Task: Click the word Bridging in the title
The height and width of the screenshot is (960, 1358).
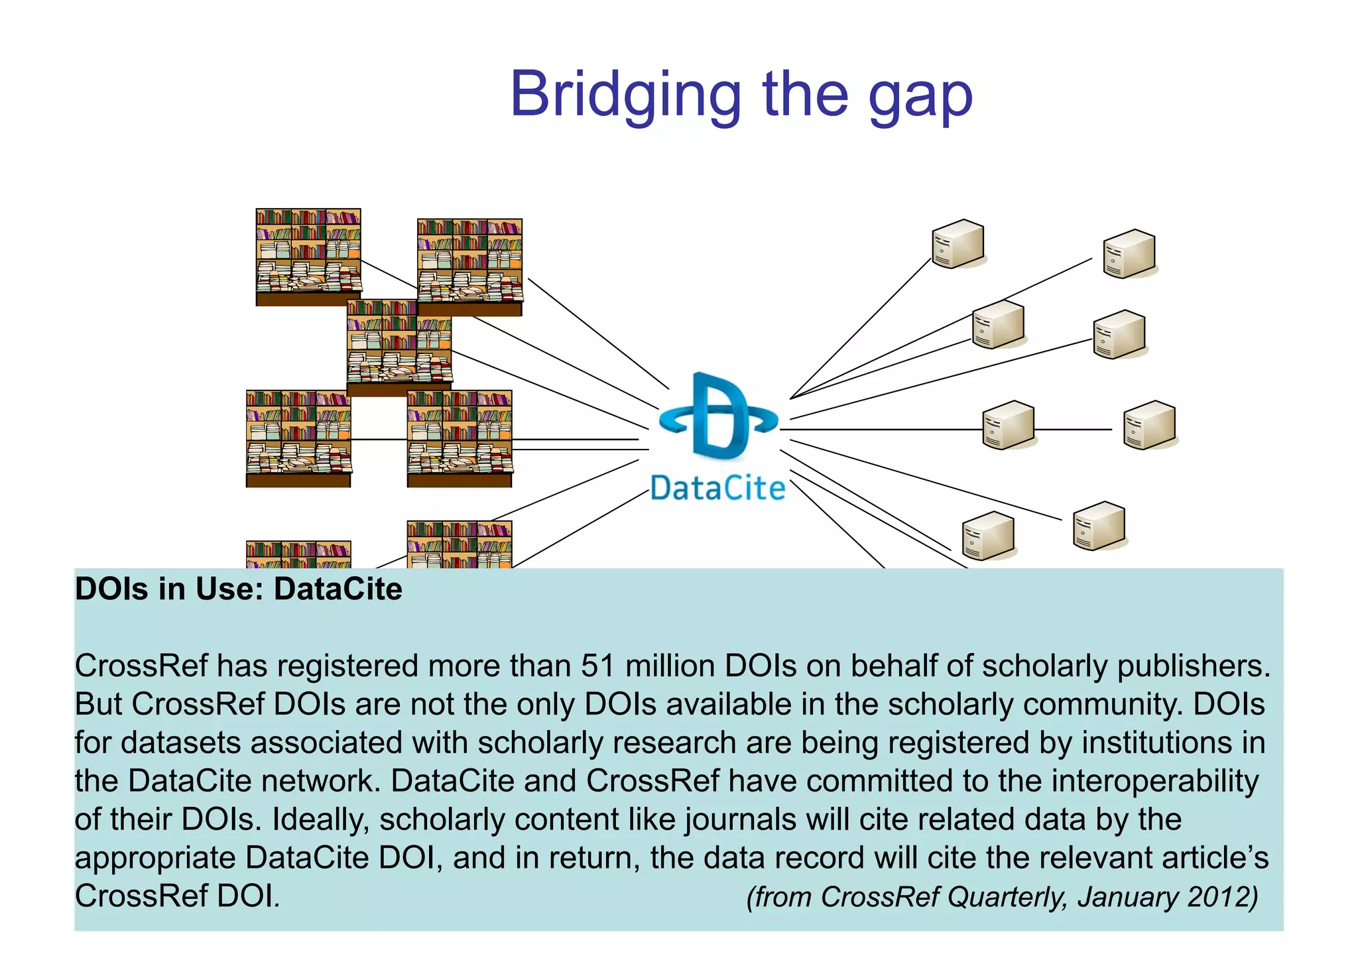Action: coord(625,96)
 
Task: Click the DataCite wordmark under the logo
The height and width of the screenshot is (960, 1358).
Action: coord(717,489)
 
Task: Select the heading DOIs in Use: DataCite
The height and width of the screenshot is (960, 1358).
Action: coord(239,589)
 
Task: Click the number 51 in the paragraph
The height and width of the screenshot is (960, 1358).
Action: coord(598,666)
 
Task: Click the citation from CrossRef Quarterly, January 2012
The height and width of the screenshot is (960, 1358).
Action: coord(1002,897)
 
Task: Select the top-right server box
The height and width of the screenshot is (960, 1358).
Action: coord(1129,254)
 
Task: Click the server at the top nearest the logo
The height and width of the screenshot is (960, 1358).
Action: coord(957,244)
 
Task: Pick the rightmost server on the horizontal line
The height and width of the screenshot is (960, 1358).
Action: coord(1149,425)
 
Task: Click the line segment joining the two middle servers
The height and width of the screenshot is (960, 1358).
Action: coord(1073,430)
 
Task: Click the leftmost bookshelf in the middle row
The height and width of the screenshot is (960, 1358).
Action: coord(298,438)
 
